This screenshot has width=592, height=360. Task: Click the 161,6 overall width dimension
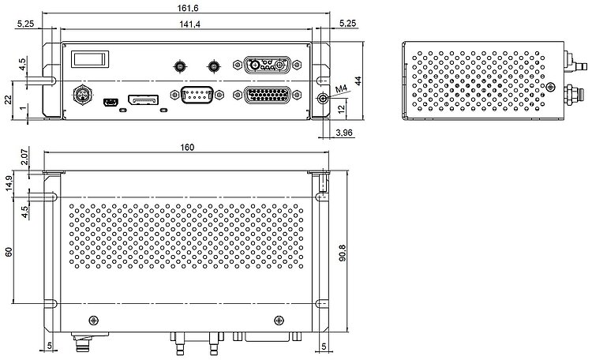click(x=188, y=8)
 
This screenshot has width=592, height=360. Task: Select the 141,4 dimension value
click(x=189, y=24)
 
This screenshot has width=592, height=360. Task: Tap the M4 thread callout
click(x=341, y=88)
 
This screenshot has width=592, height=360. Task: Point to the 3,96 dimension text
click(x=343, y=133)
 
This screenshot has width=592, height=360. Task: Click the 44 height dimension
click(x=358, y=81)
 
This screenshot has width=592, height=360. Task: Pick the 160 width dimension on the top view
click(x=187, y=147)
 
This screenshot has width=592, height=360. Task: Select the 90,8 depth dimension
click(x=343, y=253)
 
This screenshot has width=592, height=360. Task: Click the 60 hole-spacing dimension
click(x=9, y=252)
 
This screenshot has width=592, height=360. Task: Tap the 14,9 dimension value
click(x=9, y=183)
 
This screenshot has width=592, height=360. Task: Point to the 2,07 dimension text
click(x=24, y=157)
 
